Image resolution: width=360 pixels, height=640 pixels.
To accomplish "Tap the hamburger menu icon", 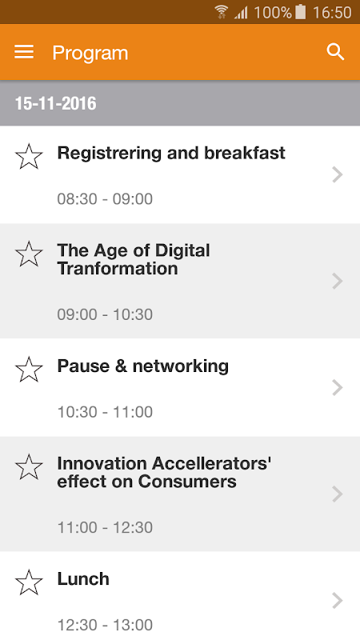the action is tap(24, 52).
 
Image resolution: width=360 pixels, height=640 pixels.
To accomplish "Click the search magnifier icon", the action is tap(335, 52).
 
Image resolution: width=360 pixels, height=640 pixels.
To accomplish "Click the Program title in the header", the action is tap(90, 53).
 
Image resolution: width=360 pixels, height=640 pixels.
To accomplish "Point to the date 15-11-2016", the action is tap(55, 104).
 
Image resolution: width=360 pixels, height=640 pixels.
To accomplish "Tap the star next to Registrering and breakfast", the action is tap(29, 156).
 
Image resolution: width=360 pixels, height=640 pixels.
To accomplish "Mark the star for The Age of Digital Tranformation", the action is tap(29, 254).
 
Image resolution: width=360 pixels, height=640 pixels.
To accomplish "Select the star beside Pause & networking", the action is tap(29, 370).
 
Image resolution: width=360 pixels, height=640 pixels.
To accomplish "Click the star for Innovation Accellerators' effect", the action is tap(29, 466).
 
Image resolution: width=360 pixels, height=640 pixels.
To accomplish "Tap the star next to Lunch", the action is tap(29, 582).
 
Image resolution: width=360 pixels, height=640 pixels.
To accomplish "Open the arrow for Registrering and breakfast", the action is tap(337, 174).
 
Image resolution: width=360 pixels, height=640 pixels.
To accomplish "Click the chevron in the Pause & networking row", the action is tap(337, 388).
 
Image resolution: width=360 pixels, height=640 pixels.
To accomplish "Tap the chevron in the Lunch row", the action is tap(337, 601).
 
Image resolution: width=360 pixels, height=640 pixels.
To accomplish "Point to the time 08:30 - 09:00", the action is tap(105, 199).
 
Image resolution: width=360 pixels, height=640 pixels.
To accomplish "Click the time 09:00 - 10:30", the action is tap(105, 314).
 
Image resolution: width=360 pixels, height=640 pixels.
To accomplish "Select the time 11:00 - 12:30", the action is tap(105, 528).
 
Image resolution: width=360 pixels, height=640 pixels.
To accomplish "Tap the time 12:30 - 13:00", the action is tap(105, 626).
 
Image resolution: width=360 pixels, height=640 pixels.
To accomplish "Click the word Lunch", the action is tap(83, 579).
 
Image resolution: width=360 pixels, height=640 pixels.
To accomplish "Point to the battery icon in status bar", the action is tap(301, 12).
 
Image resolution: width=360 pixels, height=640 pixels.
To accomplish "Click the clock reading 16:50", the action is tap(332, 12).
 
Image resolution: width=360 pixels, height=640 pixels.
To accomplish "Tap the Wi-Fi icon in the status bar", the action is tap(222, 12).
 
